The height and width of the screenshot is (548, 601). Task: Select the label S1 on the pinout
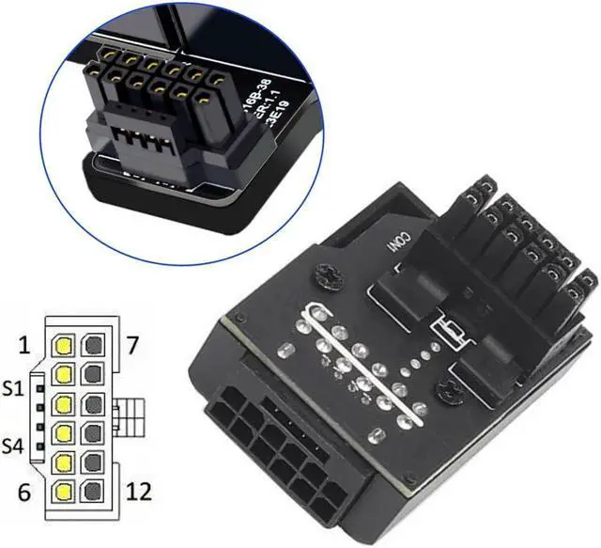coord(16,386)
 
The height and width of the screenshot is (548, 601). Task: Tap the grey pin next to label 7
coord(94,346)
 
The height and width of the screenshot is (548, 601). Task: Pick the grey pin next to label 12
coord(94,491)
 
